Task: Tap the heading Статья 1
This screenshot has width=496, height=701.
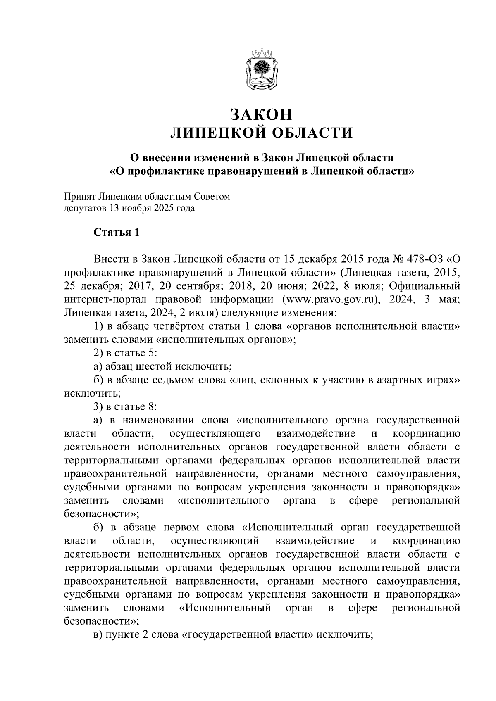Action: (x=117, y=233)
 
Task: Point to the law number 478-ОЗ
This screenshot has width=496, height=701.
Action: (x=422, y=259)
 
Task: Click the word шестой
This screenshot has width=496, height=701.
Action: (x=153, y=366)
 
